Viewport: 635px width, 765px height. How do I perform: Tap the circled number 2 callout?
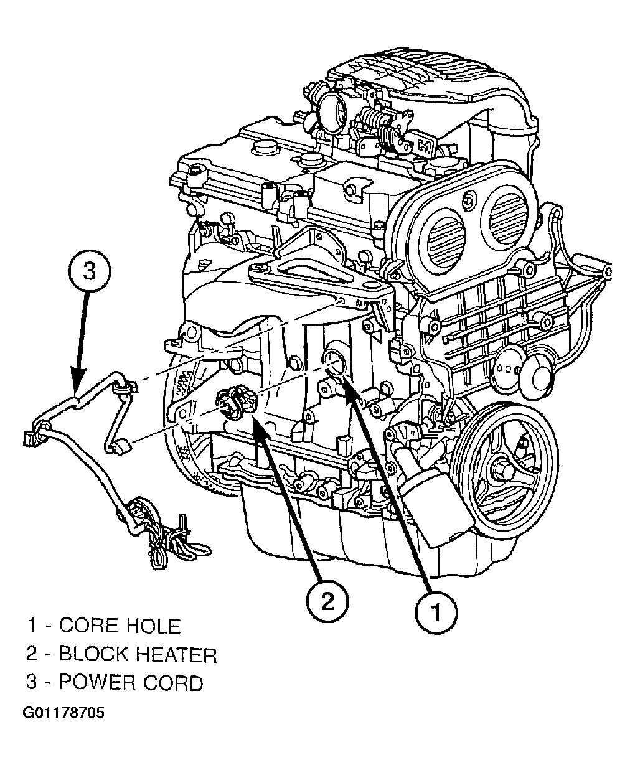(x=328, y=601)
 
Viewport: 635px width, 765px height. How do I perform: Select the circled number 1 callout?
(x=436, y=612)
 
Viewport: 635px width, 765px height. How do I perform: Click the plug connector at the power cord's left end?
(x=31, y=438)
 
